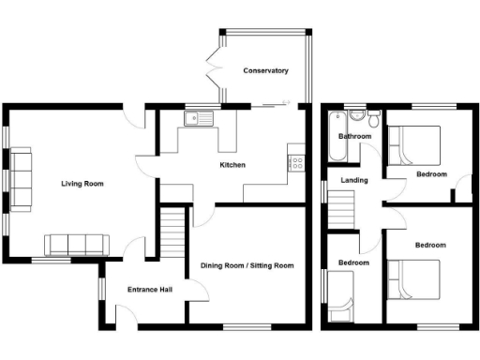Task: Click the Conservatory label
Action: [265, 71]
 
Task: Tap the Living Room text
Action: [82, 184]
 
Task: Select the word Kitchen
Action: [232, 165]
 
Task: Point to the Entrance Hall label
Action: [149, 290]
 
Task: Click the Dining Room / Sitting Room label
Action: [247, 265]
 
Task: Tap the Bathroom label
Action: [354, 137]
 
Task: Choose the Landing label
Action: [354, 180]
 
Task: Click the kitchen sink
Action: [200, 119]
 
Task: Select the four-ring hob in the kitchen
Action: [296, 161]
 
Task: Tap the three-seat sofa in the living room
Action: [78, 245]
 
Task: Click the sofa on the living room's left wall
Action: [21, 178]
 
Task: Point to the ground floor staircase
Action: [172, 232]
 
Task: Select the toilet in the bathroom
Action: [372, 119]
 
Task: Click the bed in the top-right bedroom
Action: [414, 146]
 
